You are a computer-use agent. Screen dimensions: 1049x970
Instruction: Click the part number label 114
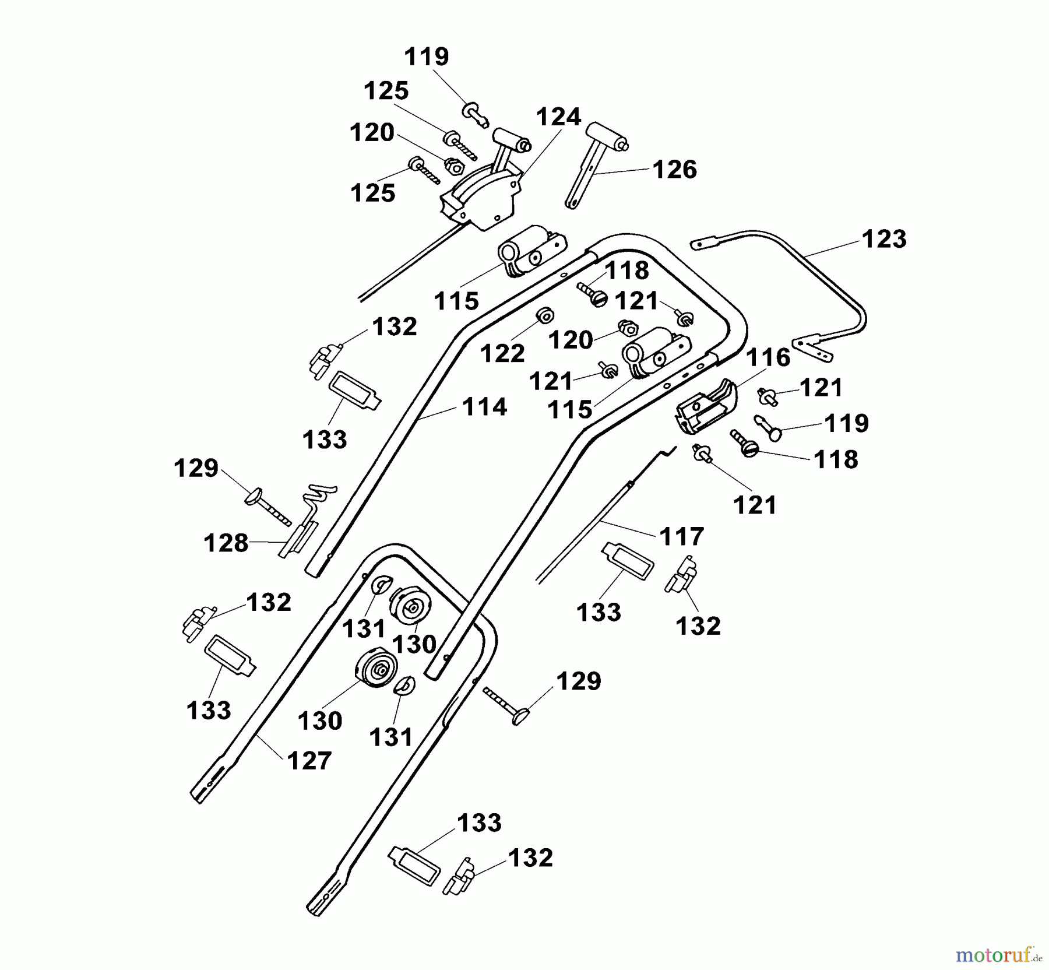pos(484,407)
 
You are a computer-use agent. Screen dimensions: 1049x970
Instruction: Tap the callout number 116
pos(768,357)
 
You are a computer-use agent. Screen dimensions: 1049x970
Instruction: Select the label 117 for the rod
pos(682,536)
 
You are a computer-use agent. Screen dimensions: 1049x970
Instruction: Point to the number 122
pos(502,353)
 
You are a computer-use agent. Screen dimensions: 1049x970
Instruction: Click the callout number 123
pos(884,239)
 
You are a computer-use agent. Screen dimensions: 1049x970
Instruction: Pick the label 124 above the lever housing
pos(558,117)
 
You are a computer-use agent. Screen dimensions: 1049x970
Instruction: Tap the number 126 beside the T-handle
pos(674,170)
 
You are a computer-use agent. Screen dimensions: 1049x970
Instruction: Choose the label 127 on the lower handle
pos(309,761)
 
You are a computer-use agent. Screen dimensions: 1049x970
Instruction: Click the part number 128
pos(226,544)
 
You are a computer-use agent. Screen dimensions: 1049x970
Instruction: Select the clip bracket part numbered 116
pos(705,406)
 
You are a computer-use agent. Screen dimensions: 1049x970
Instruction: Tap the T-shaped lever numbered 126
pos(597,163)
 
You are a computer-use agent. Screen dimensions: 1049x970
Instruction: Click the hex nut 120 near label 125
pos(455,166)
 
